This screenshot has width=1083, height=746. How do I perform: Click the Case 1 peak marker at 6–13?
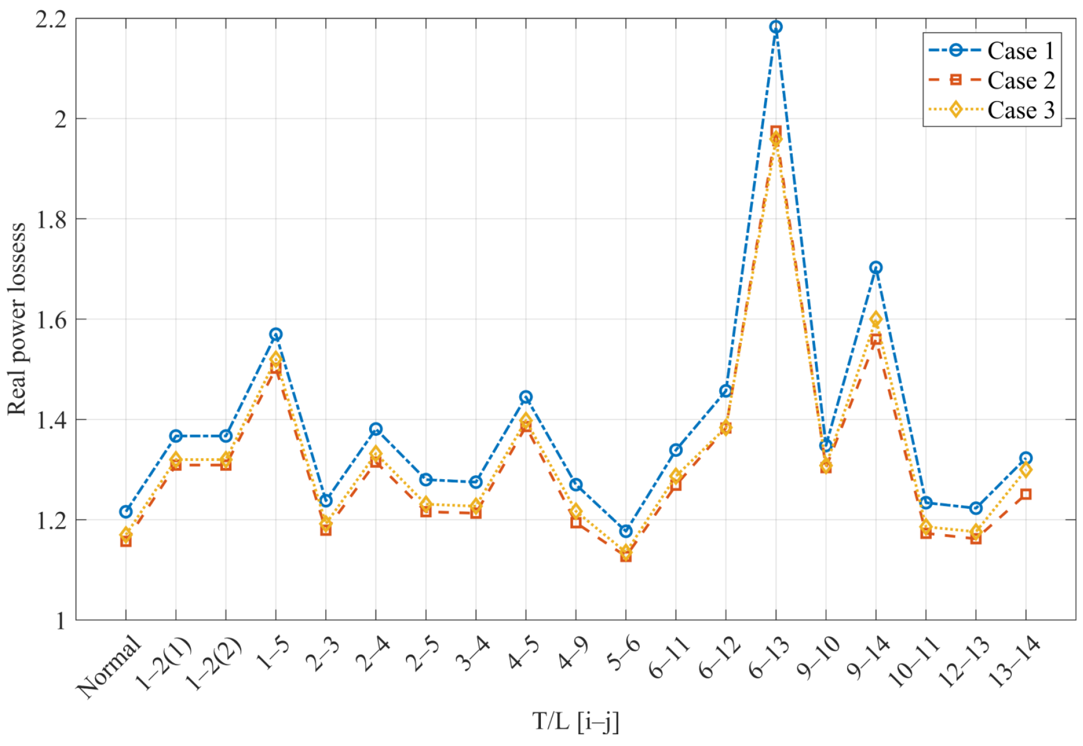[776, 27]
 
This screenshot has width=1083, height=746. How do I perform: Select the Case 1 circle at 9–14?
[876, 268]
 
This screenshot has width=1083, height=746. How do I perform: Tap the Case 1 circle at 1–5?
[276, 335]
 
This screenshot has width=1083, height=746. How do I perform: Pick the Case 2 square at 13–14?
[1026, 494]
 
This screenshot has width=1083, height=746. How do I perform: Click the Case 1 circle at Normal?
[126, 511]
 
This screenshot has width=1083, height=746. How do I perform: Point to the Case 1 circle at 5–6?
[625, 531]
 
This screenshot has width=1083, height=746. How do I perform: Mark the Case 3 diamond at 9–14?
[876, 319]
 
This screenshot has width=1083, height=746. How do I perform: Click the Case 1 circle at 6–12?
[726, 391]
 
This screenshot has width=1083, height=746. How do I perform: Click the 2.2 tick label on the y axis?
[51, 20]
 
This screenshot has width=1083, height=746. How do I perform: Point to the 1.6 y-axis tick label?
[51, 321]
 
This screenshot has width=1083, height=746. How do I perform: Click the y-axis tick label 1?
[60, 621]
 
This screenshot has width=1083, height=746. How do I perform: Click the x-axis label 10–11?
[913, 663]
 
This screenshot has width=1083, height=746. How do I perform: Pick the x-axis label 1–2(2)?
[213, 664]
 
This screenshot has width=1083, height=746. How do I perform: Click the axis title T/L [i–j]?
[575, 722]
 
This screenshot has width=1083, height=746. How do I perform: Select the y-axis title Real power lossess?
[17, 319]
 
